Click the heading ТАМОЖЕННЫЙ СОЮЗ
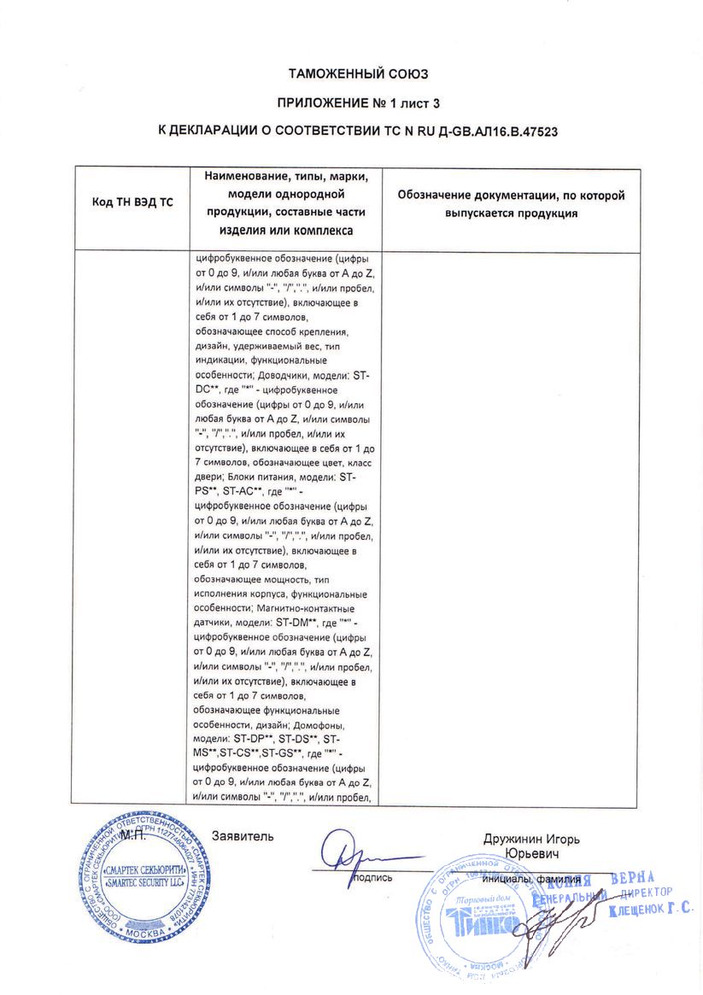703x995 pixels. click(x=351, y=74)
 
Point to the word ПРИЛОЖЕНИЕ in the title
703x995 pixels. click(x=319, y=103)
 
